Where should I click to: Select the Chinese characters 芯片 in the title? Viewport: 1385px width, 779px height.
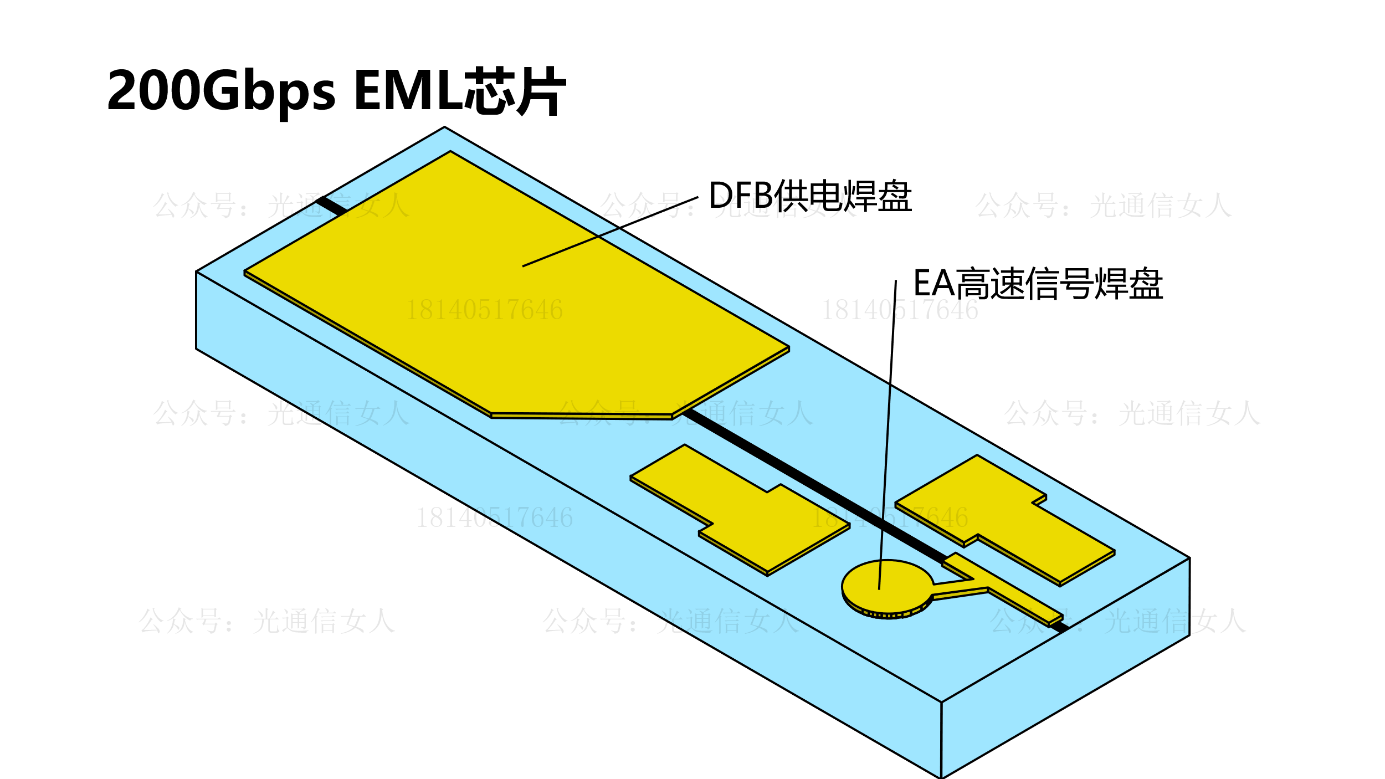(x=515, y=90)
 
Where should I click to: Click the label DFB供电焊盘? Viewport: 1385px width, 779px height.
(x=810, y=196)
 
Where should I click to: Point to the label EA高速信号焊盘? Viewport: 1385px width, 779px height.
(x=1038, y=284)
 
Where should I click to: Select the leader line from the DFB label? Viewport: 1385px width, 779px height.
(x=609, y=232)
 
